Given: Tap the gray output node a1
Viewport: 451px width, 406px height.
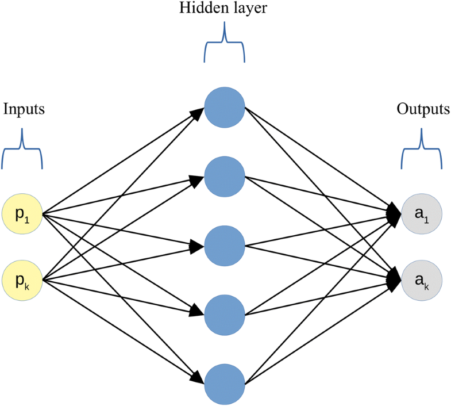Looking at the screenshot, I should point(422,215).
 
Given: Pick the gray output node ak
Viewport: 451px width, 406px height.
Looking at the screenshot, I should point(422,281).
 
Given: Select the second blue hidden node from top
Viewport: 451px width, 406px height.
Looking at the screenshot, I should point(225,175).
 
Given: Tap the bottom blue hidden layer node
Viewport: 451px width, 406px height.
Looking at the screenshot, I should point(225,382).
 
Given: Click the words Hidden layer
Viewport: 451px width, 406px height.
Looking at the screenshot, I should point(225,9).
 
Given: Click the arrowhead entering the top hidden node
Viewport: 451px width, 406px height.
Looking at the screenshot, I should point(197,113).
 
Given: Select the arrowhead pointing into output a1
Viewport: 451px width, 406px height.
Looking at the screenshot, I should point(395,213).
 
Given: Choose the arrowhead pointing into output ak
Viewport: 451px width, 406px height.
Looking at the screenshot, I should point(395,279).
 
